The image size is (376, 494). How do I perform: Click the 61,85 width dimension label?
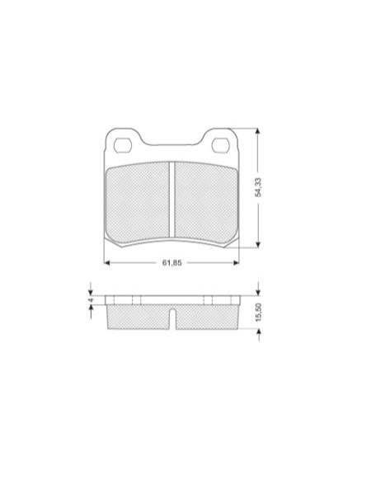[172, 262]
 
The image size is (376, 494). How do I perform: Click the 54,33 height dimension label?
[258, 187]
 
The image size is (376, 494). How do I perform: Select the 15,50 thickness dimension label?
[259, 313]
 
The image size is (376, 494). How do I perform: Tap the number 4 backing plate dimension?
[91, 300]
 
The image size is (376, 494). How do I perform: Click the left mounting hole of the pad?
[123, 145]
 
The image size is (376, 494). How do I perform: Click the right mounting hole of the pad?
[220, 145]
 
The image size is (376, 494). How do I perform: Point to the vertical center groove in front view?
[172, 200]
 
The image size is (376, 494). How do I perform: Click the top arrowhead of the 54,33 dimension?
[258, 132]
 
